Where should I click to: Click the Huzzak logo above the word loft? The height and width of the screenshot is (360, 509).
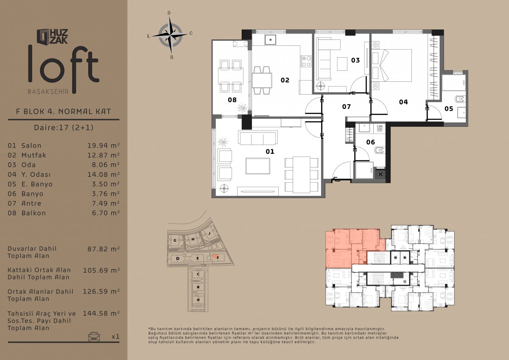pyautogui.click(x=52, y=36)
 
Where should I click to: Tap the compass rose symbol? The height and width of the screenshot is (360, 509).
pyautogui.click(x=170, y=36)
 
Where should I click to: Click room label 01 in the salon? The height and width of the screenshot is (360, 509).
pyautogui.click(x=270, y=151)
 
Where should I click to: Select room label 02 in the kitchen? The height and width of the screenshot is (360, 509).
pyautogui.click(x=285, y=80)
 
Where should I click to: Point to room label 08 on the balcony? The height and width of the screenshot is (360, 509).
pyautogui.click(x=232, y=100)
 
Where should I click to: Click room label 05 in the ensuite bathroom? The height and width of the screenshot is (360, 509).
pyautogui.click(x=449, y=109)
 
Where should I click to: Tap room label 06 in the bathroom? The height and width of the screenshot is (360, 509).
pyautogui.click(x=370, y=142)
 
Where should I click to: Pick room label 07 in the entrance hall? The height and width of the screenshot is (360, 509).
pyautogui.click(x=347, y=107)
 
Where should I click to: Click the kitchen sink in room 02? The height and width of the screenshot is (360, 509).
pyautogui.click(x=271, y=40)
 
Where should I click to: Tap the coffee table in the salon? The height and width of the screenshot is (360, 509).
pyautogui.click(x=258, y=166)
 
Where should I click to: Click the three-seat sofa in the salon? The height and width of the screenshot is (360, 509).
pyautogui.click(x=258, y=138)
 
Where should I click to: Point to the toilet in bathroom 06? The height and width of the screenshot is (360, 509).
pyautogui.click(x=379, y=150)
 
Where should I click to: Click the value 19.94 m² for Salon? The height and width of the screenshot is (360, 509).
pyautogui.click(x=103, y=145)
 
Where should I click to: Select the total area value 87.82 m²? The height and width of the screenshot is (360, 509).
pyautogui.click(x=103, y=249)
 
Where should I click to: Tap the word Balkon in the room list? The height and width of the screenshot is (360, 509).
pyautogui.click(x=34, y=213)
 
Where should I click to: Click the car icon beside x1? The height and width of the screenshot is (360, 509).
pyautogui.click(x=94, y=336)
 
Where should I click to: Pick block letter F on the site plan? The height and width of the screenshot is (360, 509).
pyautogui.click(x=218, y=258)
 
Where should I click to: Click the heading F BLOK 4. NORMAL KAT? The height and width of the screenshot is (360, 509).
pyautogui.click(x=63, y=112)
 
